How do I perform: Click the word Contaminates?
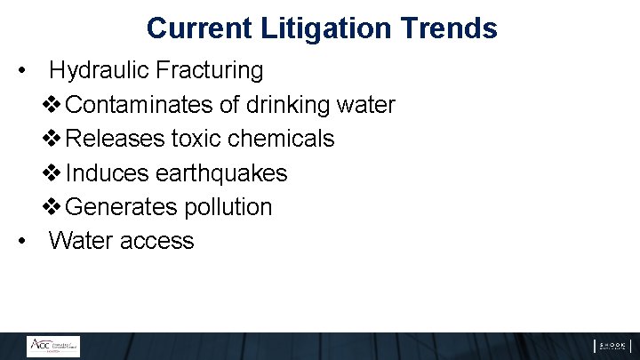140,105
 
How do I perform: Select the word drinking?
287,105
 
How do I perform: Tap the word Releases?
116,139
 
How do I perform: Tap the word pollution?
228,207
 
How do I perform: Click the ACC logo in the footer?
52,346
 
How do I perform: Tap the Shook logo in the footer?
612,346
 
